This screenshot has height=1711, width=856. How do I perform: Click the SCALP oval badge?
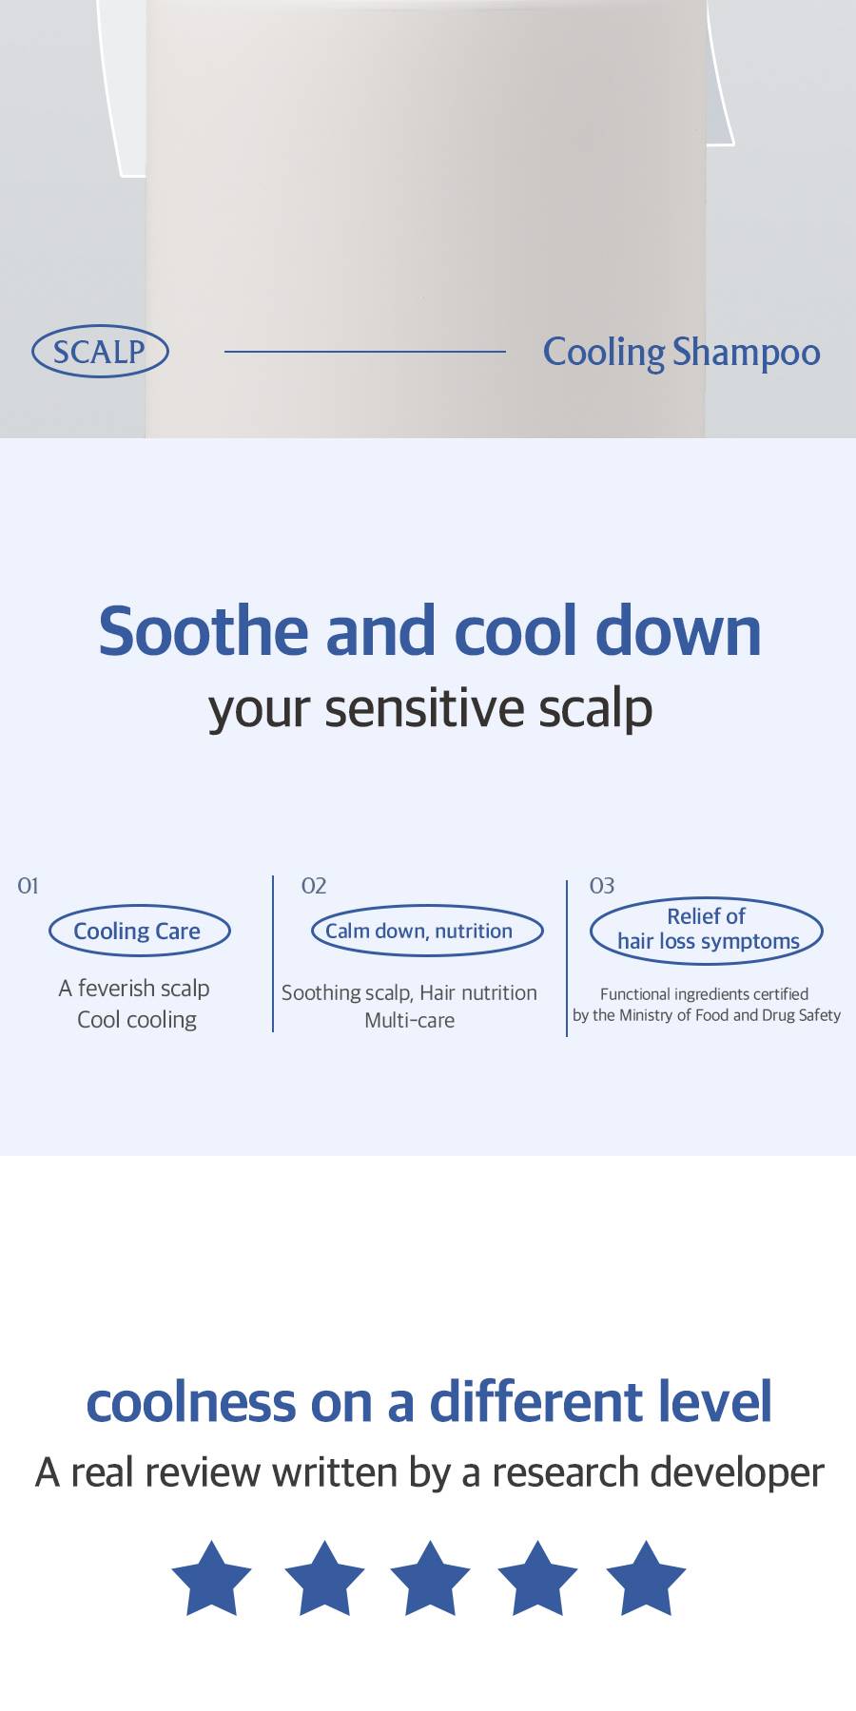click(100, 352)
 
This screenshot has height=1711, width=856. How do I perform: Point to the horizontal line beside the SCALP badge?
click(365, 352)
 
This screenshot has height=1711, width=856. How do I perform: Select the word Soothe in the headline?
click(204, 630)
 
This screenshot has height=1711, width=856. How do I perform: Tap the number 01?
click(29, 886)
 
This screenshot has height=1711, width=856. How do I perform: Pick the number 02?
click(314, 886)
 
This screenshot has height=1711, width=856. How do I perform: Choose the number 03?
click(602, 886)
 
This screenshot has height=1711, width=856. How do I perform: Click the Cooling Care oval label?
click(140, 931)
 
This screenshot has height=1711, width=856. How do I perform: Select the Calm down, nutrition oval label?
click(427, 931)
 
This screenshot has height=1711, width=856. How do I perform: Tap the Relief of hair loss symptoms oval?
click(706, 931)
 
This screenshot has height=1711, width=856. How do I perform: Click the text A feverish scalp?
click(134, 989)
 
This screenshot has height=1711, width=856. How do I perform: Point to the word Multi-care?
click(410, 1020)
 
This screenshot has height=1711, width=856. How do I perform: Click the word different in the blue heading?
click(517, 1402)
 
